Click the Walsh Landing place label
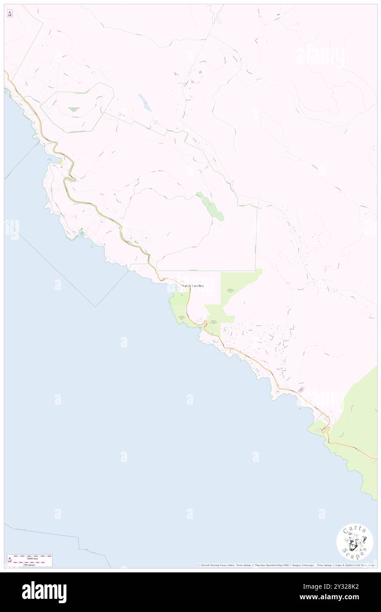click(x=192, y=286)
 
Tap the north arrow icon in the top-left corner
click(x=10, y=14)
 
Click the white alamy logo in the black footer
click(x=44, y=592)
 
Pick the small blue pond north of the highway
click(x=145, y=103)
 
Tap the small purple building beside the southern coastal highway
click(x=301, y=389)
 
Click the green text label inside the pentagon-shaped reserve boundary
click(x=74, y=109)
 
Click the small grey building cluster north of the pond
click(x=200, y=72)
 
